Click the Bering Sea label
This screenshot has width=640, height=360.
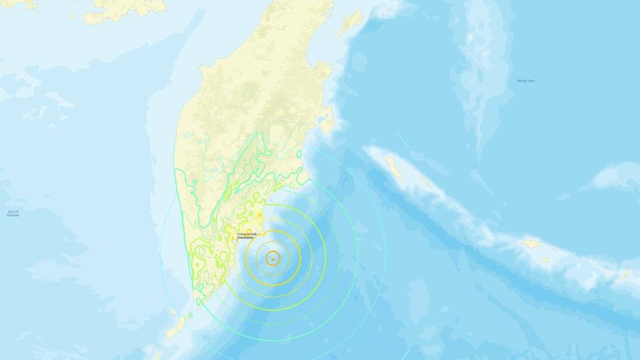click(525, 81)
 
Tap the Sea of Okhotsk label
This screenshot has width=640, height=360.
click(13, 214)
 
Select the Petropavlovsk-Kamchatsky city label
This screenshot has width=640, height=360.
click(246, 235)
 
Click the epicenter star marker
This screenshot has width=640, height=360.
click(272, 258)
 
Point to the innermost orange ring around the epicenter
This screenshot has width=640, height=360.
click(279, 258)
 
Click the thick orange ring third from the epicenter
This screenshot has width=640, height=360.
click(300, 258)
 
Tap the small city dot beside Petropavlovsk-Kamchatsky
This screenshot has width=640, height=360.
click(238, 239)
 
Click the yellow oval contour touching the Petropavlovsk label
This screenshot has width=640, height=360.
click(260, 215)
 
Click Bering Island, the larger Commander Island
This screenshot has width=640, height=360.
click(394, 167)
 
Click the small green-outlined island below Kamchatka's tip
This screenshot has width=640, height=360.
click(190, 315)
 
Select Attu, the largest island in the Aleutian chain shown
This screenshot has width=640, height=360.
click(532, 243)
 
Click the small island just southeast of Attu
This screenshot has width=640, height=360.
click(545, 259)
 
